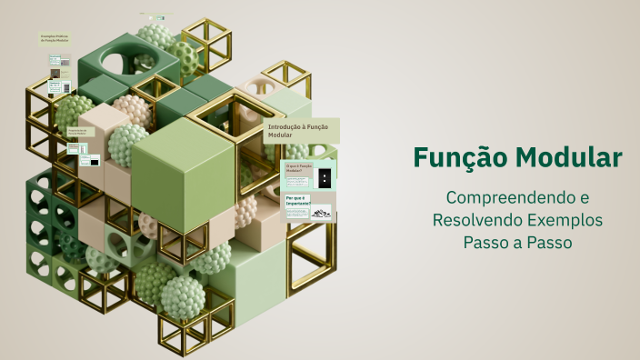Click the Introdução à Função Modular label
(300, 130)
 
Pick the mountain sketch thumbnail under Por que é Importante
(321, 214)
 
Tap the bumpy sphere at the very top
(154, 37)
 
